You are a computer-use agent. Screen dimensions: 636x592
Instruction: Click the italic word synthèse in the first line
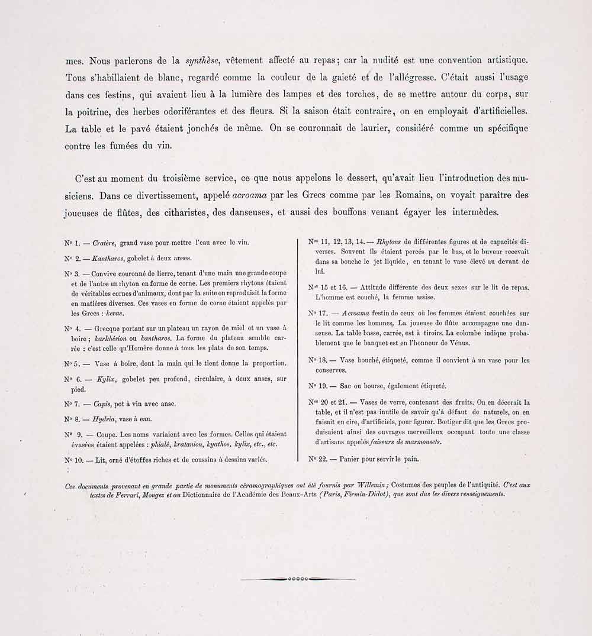[x=203, y=60]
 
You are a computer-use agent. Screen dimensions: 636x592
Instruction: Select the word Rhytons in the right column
[x=388, y=241]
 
